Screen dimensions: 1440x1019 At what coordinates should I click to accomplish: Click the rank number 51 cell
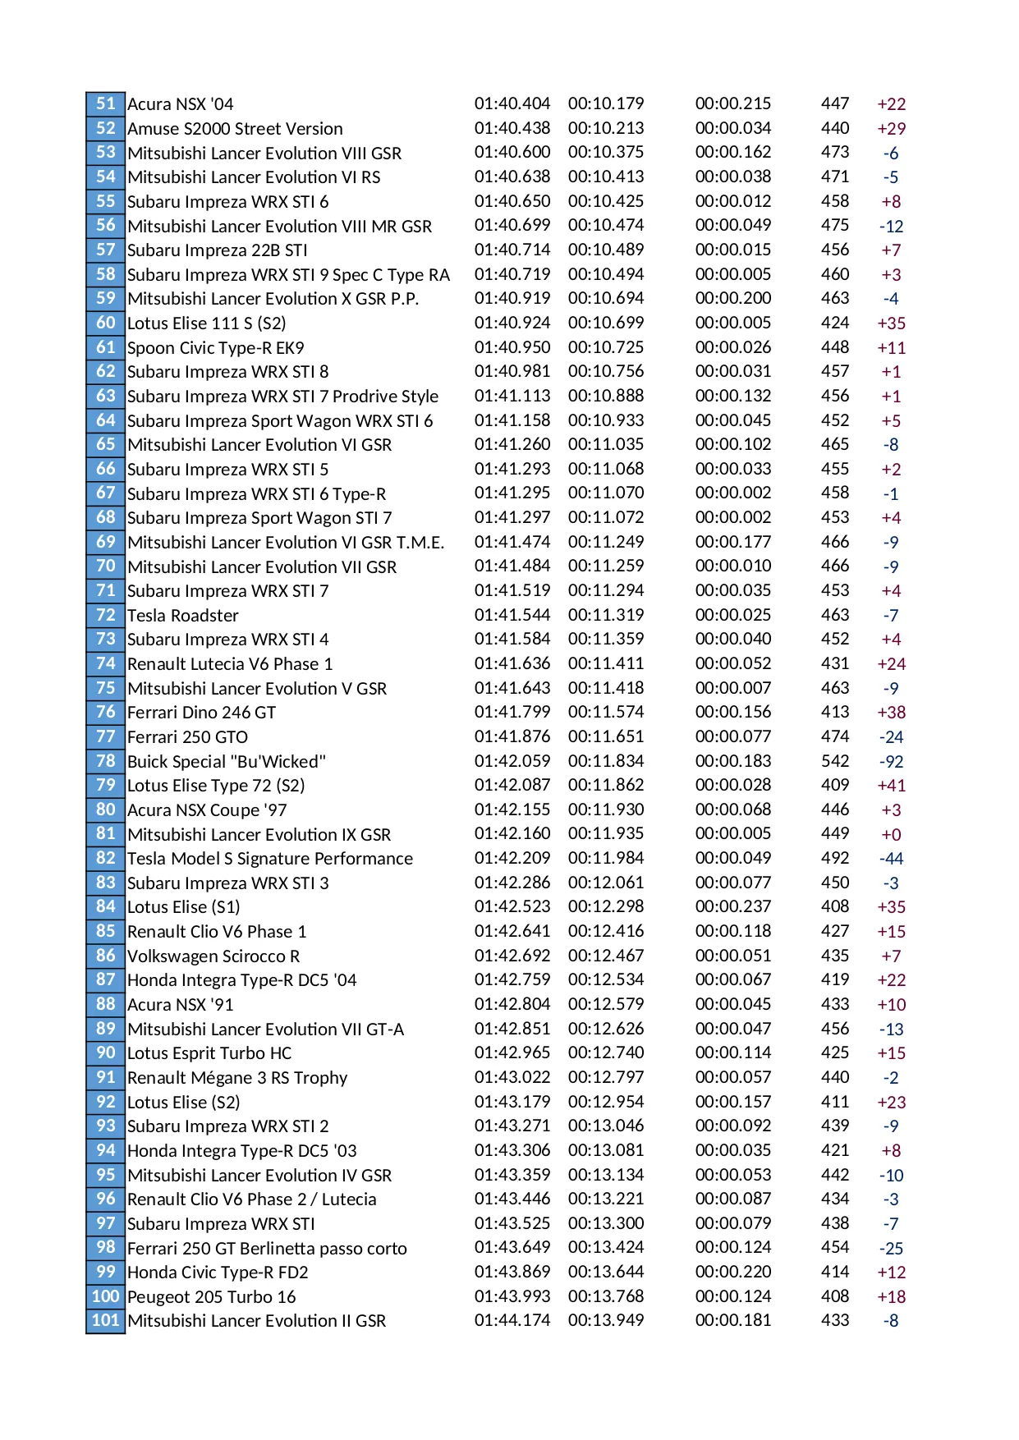tap(105, 103)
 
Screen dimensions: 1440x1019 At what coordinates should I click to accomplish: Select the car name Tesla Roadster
tap(182, 615)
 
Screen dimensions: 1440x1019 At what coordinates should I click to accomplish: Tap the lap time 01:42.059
tap(512, 761)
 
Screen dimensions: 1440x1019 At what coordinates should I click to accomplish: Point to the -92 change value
tap(891, 761)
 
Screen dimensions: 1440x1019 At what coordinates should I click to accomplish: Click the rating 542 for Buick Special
tap(834, 761)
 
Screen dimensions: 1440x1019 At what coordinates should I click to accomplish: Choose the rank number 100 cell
tap(105, 1296)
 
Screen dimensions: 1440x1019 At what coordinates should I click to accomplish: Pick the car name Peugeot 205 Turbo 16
tap(211, 1296)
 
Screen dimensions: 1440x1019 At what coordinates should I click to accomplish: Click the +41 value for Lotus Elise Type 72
tap(891, 785)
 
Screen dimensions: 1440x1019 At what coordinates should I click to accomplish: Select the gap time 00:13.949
tap(605, 1320)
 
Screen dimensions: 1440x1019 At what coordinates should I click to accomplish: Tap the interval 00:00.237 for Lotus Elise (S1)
tap(732, 906)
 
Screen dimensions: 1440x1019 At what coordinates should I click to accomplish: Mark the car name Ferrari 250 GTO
tap(187, 736)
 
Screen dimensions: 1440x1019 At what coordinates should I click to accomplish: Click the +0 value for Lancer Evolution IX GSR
tap(891, 834)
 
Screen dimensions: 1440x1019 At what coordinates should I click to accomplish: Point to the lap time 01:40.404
tap(512, 103)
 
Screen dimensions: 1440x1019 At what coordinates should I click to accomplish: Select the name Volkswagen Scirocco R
tap(213, 956)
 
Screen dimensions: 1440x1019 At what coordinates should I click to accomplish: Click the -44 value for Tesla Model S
tap(891, 858)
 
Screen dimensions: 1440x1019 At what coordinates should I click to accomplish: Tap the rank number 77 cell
tap(105, 736)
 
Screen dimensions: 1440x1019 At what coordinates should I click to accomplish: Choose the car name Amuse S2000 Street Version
tap(235, 128)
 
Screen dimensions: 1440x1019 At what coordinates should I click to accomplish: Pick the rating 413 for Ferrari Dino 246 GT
tap(834, 712)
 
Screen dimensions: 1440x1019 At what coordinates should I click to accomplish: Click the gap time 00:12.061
tap(605, 883)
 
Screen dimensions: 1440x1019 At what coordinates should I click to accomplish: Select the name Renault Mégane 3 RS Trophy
tap(237, 1077)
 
